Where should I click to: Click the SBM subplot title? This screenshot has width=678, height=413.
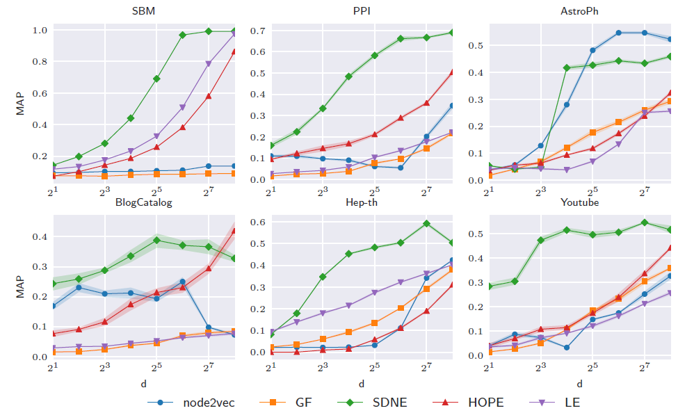pyautogui.click(x=143, y=12)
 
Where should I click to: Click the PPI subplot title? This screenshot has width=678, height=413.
pyautogui.click(x=362, y=12)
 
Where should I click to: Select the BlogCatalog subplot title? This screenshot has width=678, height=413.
pyautogui.click(x=143, y=202)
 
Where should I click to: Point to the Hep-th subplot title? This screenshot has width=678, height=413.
pyautogui.click(x=362, y=202)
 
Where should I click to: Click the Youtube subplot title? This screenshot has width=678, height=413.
pyautogui.click(x=579, y=202)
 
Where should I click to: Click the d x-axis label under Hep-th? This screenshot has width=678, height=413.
pyautogui.click(x=362, y=383)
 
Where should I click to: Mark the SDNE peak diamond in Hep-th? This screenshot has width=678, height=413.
pyautogui.click(x=426, y=223)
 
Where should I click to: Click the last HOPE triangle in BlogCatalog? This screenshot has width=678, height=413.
pyautogui.click(x=234, y=230)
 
